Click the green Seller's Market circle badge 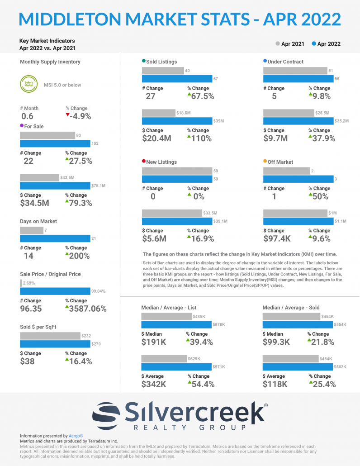[x=28, y=85]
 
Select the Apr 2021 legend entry [x=289, y=44]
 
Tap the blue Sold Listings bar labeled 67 [x=177, y=79]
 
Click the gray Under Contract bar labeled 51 [x=295, y=71]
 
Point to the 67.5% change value [x=201, y=96]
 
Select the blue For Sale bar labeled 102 [x=55, y=143]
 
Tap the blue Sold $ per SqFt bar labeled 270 [x=55, y=344]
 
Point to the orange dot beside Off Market [x=265, y=161]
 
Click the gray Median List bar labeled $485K [x=166, y=316]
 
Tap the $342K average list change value [x=154, y=384]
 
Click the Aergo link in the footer [x=76, y=436]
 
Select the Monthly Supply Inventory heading [x=50, y=62]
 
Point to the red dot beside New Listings [x=144, y=161]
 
